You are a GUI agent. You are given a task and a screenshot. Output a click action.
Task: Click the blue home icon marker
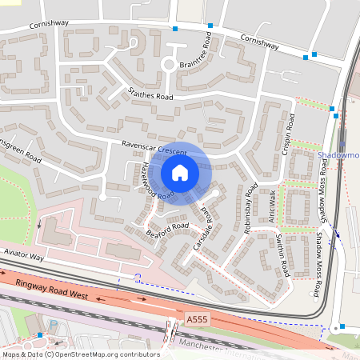[x=180, y=173]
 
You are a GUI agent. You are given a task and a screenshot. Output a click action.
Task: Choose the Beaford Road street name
[x=167, y=229]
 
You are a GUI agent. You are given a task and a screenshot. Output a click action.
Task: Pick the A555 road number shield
[x=197, y=319]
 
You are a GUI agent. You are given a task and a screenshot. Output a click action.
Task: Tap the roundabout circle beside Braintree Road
[x=169, y=65]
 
